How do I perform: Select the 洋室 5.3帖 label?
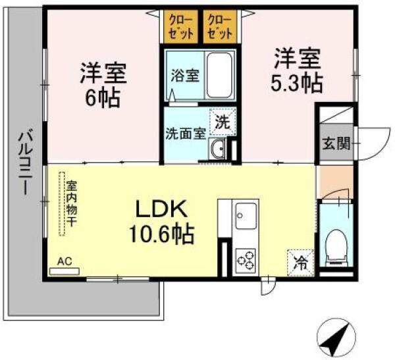[x=298, y=70]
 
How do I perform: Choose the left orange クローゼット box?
[x=180, y=26]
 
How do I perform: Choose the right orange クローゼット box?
[x=220, y=26]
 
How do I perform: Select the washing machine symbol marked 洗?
[x=222, y=122]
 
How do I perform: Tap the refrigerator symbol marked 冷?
[x=300, y=263]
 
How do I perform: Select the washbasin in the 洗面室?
[x=219, y=150]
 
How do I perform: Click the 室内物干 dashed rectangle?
[x=65, y=204]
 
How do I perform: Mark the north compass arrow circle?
[x=335, y=336]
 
